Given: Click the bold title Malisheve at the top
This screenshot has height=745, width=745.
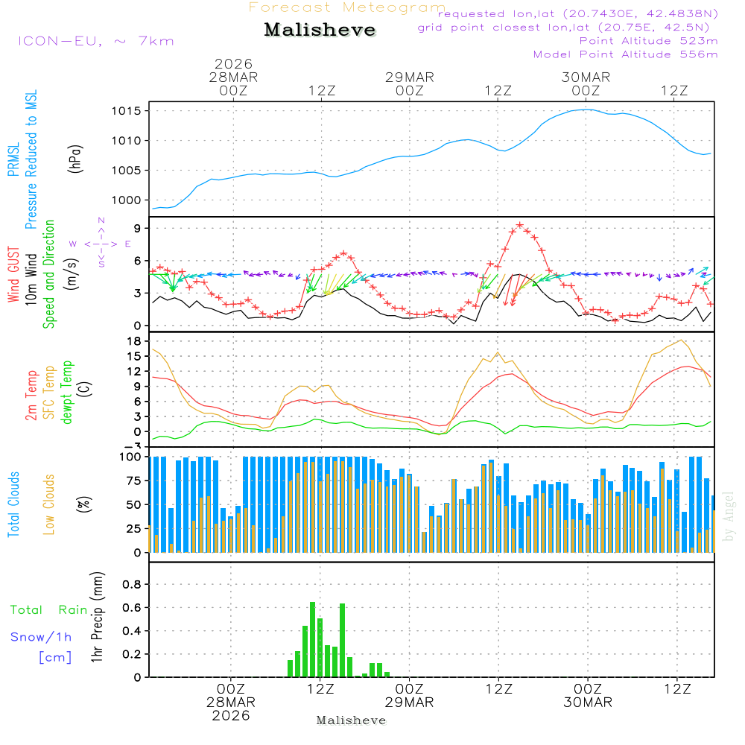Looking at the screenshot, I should [320, 30].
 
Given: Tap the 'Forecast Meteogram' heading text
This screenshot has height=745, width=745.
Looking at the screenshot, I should [347, 7].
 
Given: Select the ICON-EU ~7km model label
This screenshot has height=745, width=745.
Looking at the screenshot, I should [95, 40].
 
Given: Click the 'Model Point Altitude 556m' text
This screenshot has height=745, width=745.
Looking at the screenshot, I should [626, 54].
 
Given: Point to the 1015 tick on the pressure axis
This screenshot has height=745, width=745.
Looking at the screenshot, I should [128, 111].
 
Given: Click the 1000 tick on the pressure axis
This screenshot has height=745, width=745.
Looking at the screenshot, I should [128, 200].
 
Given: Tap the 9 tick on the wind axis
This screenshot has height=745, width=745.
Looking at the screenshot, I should [139, 228].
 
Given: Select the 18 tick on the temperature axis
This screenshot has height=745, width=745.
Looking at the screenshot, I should [136, 341].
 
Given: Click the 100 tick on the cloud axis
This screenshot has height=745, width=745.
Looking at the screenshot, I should [132, 456].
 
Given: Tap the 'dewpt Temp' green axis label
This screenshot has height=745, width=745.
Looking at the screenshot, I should [68, 393].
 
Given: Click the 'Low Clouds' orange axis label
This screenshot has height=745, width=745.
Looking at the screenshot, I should [49, 504].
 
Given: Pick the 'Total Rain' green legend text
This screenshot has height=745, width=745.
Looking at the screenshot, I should [49, 610].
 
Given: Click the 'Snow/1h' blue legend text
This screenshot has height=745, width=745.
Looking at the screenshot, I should [42, 637].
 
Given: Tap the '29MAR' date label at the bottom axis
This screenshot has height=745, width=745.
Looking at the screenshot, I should [410, 703].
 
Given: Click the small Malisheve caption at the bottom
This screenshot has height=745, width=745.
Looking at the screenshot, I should [352, 720].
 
